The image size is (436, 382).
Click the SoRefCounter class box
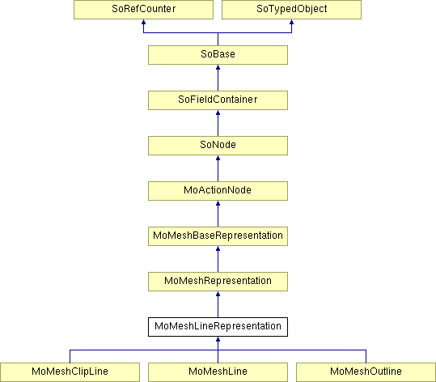click(143, 10)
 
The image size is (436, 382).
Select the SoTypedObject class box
click(291, 10)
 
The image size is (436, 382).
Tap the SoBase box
click(218, 55)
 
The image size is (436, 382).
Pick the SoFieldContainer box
click(218, 100)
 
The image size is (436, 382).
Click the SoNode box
click(218, 146)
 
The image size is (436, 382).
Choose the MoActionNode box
click(218, 191)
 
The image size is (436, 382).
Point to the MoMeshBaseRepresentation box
click(218, 236)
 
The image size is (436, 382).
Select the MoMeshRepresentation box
click(218, 282)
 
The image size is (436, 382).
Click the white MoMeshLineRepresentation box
click(218, 327)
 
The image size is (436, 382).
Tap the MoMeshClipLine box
click(70, 372)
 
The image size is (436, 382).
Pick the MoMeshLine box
click(218, 372)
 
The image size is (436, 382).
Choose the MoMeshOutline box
click(366, 372)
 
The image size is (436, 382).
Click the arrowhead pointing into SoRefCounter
click(143, 22)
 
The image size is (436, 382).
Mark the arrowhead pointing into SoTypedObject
click(291, 22)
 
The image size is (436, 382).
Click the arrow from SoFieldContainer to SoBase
click(218, 78)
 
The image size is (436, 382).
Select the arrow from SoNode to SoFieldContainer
click(218, 123)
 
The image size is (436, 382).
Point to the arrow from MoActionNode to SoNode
click(218, 168)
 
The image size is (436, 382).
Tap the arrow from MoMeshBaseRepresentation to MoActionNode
click(218, 214)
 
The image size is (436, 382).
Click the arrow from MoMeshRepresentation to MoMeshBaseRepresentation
click(218, 259)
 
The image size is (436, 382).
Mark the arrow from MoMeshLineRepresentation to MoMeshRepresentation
click(218, 304)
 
